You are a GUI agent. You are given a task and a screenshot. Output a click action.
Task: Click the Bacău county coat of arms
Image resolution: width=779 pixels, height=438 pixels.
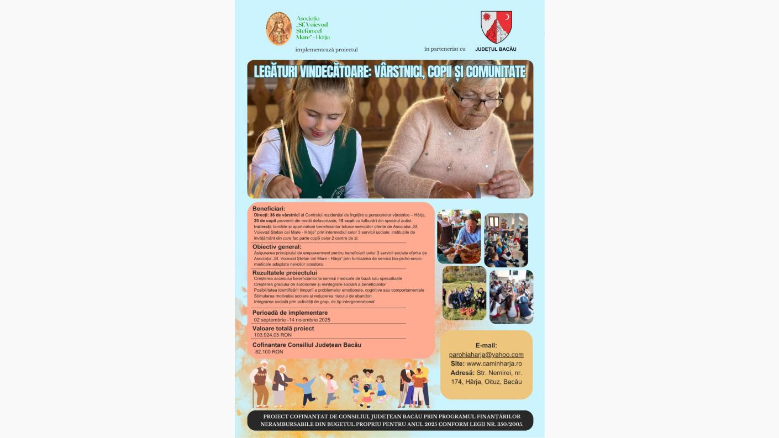coord(496,27)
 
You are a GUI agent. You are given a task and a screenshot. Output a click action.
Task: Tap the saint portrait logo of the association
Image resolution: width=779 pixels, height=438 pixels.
coord(279,29)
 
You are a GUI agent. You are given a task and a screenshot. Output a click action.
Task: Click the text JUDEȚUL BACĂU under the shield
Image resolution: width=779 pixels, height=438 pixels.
coord(496,49)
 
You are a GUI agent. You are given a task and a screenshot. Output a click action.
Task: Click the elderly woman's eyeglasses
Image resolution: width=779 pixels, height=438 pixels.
coord(476,100)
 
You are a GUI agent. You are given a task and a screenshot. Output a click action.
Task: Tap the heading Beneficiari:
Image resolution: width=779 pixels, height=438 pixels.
coord(269,209)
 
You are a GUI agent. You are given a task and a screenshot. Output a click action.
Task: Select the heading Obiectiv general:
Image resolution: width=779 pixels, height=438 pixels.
coord(277,247)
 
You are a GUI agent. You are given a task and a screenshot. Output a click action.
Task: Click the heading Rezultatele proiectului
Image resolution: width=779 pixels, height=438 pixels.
coord(285,273)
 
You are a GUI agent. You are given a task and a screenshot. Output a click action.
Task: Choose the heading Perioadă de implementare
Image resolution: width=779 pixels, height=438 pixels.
coord(290,313)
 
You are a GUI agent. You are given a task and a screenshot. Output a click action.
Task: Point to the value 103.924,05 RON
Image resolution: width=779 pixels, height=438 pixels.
coord(273,335)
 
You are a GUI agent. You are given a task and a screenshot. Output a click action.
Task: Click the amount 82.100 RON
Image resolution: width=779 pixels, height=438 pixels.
coord(269,352)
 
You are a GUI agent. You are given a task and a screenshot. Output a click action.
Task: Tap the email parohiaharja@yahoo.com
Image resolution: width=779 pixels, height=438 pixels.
coord(486,355)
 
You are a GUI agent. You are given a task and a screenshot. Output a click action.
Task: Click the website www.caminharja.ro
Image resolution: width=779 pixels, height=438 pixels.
coord(494,363)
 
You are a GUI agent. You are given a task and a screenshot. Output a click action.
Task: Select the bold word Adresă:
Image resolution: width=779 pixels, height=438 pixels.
coord(462,373)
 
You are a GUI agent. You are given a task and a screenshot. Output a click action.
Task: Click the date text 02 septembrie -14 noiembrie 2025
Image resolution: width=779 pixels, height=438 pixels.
coord(292,320)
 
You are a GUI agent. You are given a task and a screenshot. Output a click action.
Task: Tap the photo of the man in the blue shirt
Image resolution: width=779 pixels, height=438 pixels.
coord(459,236)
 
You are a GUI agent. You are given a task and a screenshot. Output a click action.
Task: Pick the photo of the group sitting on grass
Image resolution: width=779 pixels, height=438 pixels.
coord(464,293)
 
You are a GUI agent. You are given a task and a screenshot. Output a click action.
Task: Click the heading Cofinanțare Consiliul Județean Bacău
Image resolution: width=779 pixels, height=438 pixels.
coord(307,345)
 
